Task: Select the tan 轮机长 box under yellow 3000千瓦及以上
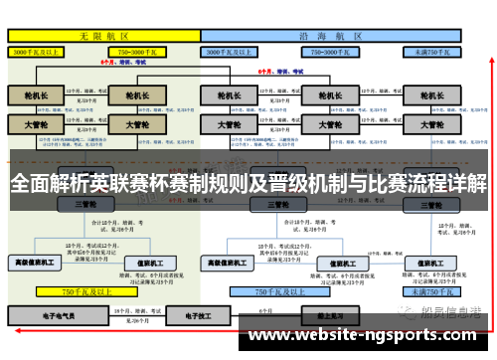[x=36, y=95]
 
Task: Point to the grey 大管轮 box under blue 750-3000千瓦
[x=322, y=125]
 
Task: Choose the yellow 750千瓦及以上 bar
[x=83, y=291]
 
